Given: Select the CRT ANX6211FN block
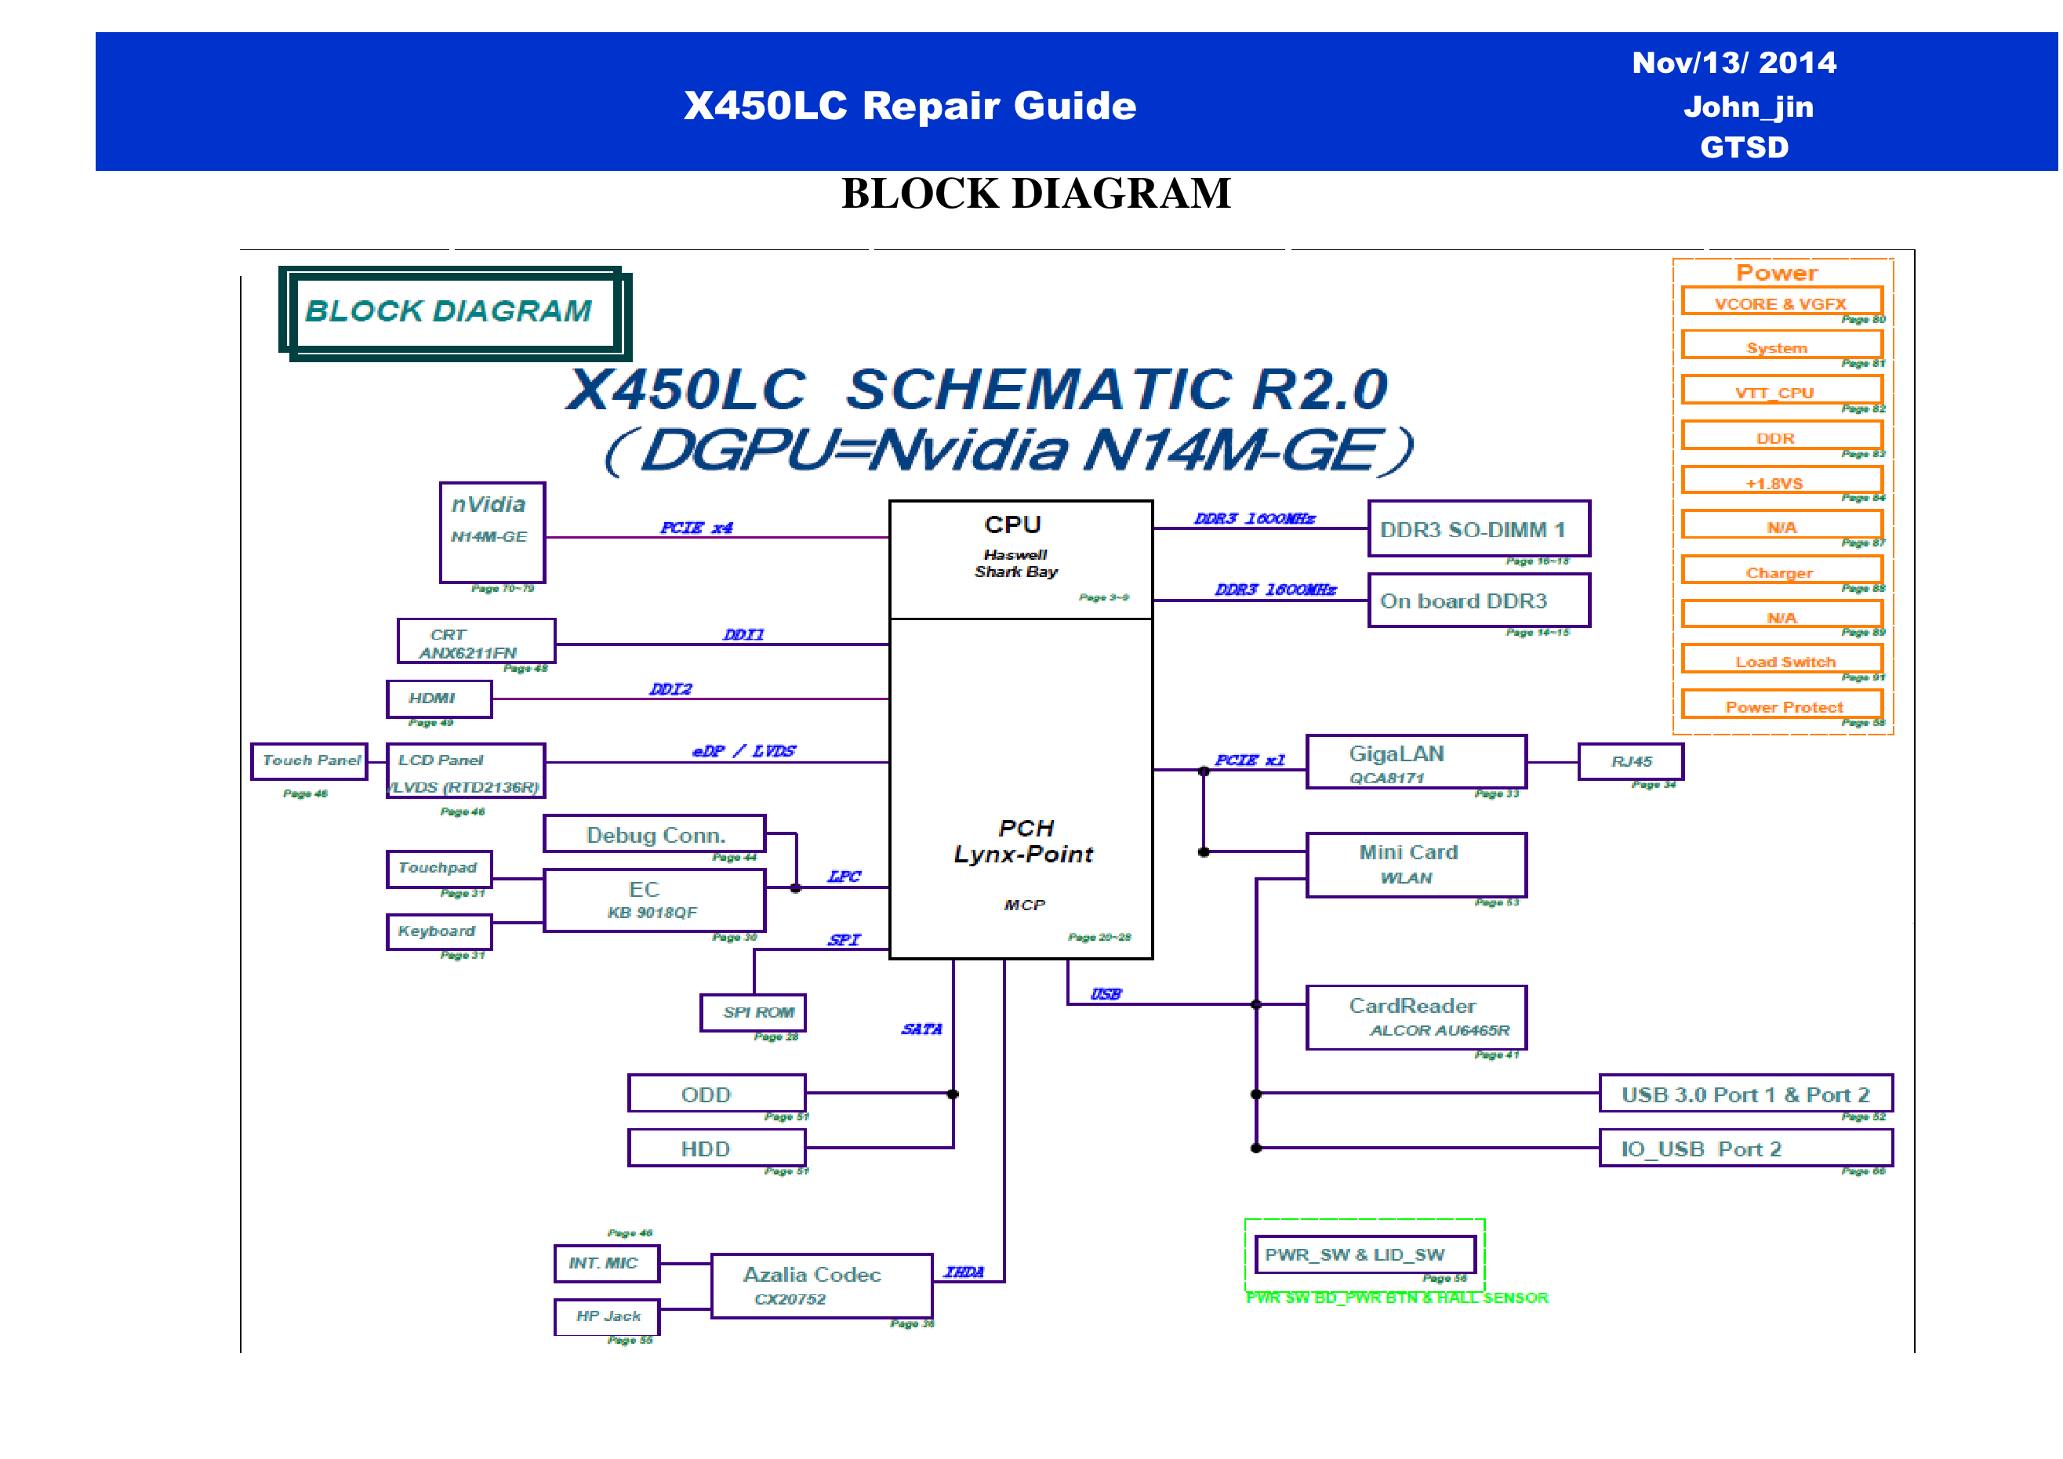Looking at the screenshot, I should [476, 641].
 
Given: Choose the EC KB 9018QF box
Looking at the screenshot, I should [654, 899].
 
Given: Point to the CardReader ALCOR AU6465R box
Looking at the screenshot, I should [1415, 1017].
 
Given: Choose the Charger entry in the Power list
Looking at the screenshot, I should [1781, 572].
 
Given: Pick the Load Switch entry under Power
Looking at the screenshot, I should [1781, 660].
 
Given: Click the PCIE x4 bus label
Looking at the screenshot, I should [696, 528].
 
